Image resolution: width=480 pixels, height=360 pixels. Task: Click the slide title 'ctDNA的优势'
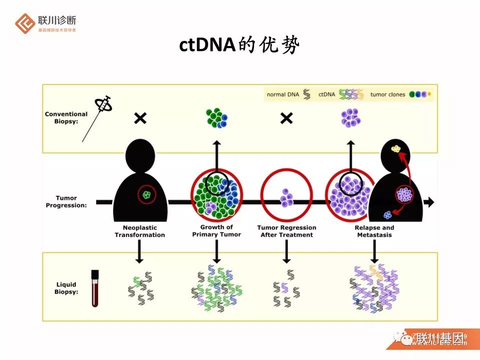(x=239, y=45)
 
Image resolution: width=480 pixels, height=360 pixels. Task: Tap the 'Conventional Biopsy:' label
(x=66, y=117)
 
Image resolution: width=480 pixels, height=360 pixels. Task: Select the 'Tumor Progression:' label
(x=66, y=201)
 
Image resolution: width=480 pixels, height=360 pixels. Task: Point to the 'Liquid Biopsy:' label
(x=66, y=288)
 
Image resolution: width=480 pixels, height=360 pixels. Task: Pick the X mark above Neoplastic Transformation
(x=140, y=118)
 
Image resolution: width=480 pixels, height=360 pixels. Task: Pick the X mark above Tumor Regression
(x=286, y=118)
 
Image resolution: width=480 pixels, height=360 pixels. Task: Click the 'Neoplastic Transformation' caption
(x=139, y=231)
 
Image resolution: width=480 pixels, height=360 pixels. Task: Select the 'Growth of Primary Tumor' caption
(x=216, y=231)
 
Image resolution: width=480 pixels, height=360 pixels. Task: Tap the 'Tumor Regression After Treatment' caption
(x=286, y=231)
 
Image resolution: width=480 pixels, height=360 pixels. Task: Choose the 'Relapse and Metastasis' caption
(x=374, y=231)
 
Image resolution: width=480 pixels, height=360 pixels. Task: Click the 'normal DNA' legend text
(x=283, y=94)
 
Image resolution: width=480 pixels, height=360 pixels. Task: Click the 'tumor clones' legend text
(x=387, y=94)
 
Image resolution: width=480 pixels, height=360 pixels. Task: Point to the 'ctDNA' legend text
(x=327, y=94)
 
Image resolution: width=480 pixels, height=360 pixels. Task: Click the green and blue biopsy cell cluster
(x=216, y=118)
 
